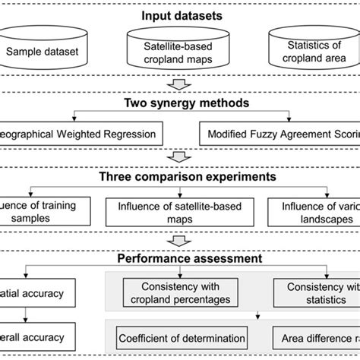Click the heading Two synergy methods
click(179, 104)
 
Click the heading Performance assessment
click(179, 258)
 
